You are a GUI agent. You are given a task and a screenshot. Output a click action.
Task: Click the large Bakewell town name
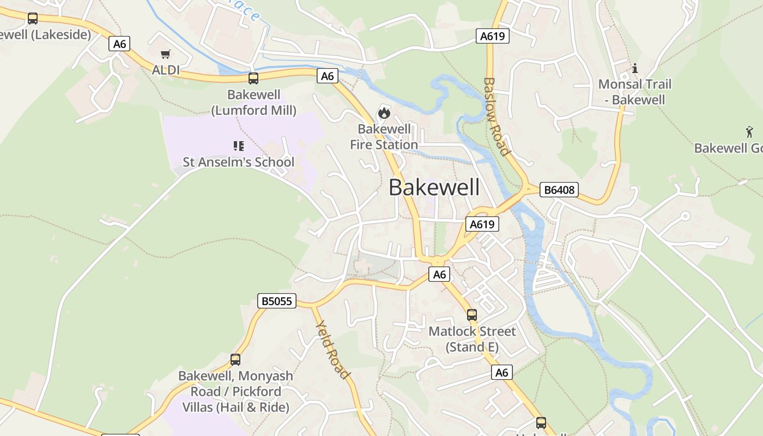point(434,187)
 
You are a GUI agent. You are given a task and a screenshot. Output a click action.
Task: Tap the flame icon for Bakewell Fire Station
point(384,113)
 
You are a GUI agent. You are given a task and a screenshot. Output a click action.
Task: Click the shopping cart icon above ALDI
point(166,54)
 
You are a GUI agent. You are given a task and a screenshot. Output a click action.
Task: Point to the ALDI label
point(166,70)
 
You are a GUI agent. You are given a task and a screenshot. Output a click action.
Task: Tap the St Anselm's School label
point(238,162)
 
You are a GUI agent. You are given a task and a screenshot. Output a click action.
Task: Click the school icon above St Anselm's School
point(238,146)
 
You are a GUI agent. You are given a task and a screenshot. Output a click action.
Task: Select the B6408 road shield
point(559,190)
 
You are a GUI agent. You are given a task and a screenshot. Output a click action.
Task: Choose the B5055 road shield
point(276,301)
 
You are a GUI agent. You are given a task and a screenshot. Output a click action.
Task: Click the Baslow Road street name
point(496,116)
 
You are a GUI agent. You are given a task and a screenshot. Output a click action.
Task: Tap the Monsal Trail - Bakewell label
point(634,92)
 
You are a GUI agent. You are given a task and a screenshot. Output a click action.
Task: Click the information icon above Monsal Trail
point(634,69)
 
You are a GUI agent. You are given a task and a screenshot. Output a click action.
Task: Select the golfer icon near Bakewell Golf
point(749,131)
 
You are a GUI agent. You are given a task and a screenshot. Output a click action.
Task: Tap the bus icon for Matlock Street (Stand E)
point(472,315)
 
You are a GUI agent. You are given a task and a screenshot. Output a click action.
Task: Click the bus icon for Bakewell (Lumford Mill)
point(253,78)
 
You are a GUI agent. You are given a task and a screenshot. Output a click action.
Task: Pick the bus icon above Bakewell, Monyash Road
point(235,360)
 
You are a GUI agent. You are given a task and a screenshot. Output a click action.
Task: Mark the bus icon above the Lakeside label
point(33,19)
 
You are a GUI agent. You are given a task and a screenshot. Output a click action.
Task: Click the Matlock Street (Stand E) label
point(472,339)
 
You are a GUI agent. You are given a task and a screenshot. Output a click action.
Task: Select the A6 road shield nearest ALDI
point(119,44)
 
